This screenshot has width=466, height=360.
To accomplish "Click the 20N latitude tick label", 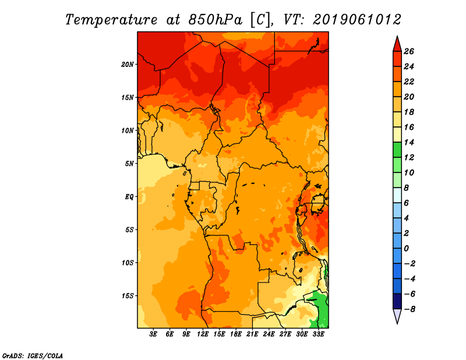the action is click(x=128, y=65).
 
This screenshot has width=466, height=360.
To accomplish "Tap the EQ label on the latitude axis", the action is click(x=129, y=197).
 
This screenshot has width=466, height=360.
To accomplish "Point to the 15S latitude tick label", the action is click(x=128, y=296).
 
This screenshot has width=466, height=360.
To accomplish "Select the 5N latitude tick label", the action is click(x=129, y=164).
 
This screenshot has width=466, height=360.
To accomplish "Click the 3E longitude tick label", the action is click(x=153, y=334).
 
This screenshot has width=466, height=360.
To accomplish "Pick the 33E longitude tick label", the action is click(x=318, y=334).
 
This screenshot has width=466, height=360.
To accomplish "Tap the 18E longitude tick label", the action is click(x=236, y=334).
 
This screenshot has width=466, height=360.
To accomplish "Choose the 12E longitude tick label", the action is click(x=203, y=334).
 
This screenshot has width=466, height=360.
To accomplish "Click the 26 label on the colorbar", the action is click(x=409, y=51).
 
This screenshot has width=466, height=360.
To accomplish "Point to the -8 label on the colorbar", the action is click(x=409, y=309).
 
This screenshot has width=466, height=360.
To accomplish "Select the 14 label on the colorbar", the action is click(x=409, y=142).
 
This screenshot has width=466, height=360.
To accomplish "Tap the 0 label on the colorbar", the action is click(x=406, y=249).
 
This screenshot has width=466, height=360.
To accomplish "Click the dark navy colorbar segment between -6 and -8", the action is click(x=397, y=301).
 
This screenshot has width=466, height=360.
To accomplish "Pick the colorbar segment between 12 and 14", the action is click(x=397, y=150).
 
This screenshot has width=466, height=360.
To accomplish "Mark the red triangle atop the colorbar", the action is click(x=397, y=44).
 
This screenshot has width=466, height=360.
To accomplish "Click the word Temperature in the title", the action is click(x=111, y=20).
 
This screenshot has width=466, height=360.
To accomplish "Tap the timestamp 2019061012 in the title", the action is click(x=357, y=20).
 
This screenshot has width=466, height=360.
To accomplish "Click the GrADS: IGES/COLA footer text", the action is click(x=33, y=356).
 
